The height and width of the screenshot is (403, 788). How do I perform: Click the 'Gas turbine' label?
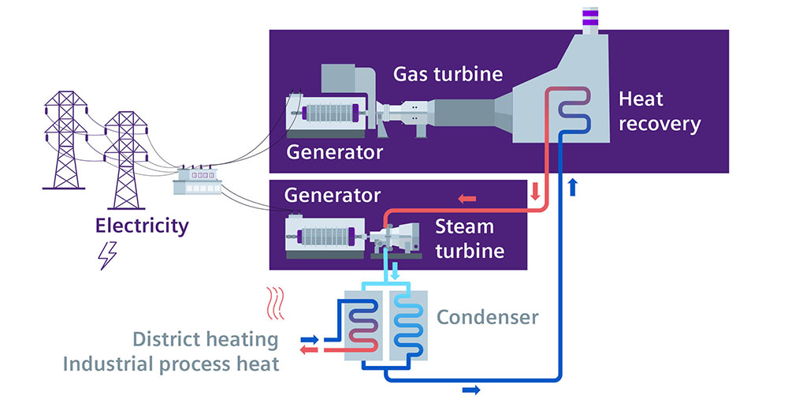[448, 74]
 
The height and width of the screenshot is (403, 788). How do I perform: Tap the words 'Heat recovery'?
[660, 111]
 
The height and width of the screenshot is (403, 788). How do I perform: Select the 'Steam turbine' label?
[470, 238]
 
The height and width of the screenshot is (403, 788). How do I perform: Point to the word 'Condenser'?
[488, 317]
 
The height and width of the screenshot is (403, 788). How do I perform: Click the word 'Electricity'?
[142, 226]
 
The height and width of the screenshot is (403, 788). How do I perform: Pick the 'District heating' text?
[205, 339]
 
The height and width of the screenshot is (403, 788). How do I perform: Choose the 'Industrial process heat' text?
[171, 364]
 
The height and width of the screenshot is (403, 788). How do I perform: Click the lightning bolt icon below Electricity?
[107, 256]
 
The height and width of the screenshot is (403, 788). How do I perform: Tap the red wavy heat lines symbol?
[275, 304]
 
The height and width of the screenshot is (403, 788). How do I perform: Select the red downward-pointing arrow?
[535, 191]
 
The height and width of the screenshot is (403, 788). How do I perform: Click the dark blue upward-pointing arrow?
[572, 186]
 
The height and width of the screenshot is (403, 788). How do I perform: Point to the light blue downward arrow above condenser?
[395, 271]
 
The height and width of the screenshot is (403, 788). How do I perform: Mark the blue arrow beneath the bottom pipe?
[471, 390]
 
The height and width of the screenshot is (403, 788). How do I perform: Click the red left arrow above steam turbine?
[466, 199]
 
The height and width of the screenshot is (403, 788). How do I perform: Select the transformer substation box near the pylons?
[197, 181]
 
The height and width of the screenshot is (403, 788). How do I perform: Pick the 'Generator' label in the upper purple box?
[335, 151]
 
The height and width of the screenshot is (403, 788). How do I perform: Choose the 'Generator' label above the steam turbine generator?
[333, 196]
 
